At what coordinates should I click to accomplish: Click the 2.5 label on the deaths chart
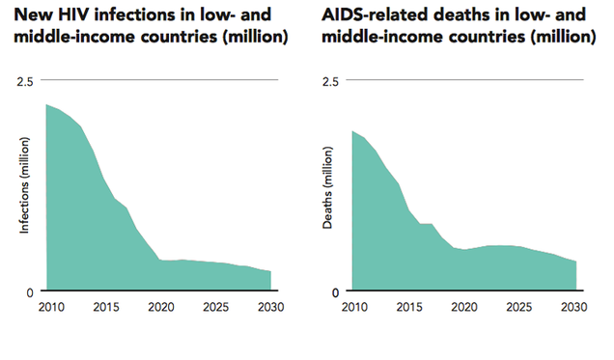329,80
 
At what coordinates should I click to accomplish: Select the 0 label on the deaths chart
334,291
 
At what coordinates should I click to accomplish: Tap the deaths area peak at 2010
353,131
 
